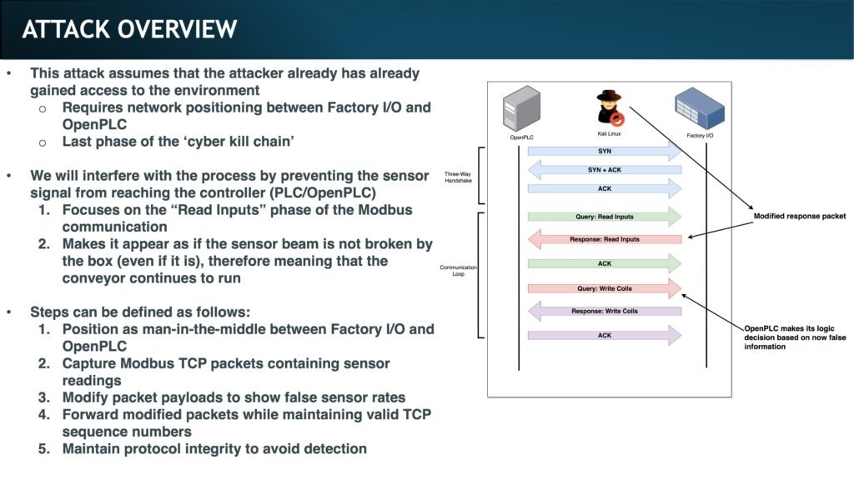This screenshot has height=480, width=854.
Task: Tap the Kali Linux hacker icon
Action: (x=610, y=107)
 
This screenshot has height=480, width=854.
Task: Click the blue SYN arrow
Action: (x=605, y=151)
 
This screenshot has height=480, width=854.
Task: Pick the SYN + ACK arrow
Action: (x=605, y=170)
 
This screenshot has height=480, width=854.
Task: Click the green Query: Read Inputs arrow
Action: (x=605, y=217)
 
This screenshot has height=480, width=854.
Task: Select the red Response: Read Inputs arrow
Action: (x=605, y=239)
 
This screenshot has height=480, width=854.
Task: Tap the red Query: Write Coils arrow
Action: (x=605, y=288)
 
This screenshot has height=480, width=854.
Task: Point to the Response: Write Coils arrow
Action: (x=605, y=311)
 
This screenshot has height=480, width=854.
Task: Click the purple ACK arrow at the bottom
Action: (x=605, y=335)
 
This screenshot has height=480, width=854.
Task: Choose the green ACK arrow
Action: (x=605, y=263)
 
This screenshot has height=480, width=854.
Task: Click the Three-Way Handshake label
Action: (x=458, y=178)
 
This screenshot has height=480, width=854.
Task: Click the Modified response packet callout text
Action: (x=799, y=216)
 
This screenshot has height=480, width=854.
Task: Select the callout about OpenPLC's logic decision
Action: (x=788, y=337)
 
